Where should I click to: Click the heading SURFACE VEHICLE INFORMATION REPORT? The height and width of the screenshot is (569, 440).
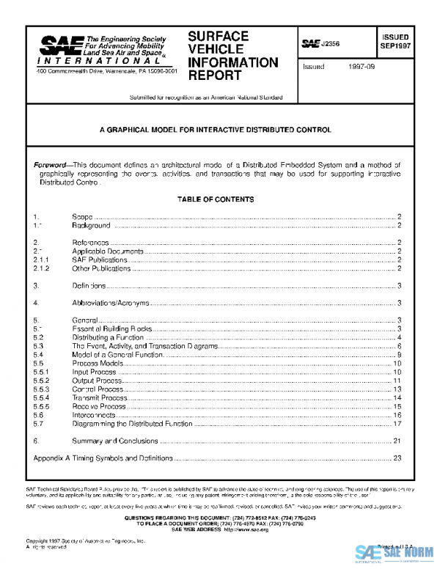pos(232,55)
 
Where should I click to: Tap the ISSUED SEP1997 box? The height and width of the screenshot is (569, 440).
pos(394,40)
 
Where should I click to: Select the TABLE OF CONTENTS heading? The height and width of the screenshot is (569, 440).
pos(216,199)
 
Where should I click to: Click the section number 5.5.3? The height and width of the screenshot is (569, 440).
pos(41,389)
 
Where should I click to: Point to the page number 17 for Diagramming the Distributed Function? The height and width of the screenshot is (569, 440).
pos(397,424)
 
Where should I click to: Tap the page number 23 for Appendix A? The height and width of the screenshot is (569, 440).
pos(397,458)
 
